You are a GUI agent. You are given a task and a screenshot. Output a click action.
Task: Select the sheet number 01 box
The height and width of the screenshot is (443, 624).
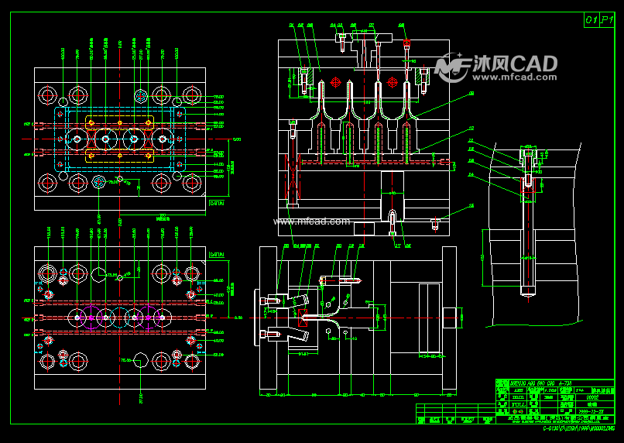tap(591, 21)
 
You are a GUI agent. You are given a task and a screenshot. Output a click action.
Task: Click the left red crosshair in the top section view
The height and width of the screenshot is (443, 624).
tap(335, 82)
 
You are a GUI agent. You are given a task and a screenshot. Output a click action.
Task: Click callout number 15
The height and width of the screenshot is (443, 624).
tap(471, 206)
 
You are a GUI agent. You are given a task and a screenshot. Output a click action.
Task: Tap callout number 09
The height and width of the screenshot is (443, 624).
tap(471, 94)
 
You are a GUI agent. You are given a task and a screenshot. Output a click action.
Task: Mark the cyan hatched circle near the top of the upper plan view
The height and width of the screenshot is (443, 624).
tap(140, 95)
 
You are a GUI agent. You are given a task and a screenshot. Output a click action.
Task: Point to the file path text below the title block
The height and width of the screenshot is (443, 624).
tap(577, 428)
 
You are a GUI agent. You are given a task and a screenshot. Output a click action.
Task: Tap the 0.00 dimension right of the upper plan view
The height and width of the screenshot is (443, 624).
tap(237, 139)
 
